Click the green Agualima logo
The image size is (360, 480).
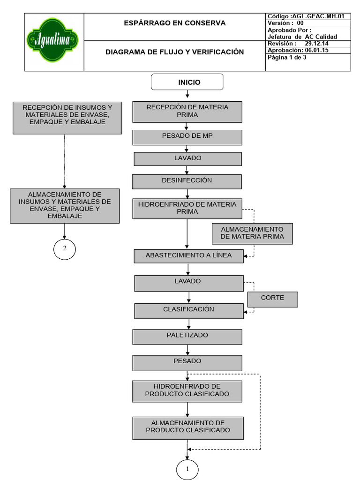(x=52, y=40)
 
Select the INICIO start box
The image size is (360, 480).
(x=187, y=82)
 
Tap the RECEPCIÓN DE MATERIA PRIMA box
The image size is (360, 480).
(x=187, y=112)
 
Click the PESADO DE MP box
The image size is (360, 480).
(x=187, y=137)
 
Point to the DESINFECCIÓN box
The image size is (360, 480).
(x=187, y=181)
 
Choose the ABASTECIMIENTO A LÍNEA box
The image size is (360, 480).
(x=188, y=256)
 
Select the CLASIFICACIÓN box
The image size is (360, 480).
(x=188, y=310)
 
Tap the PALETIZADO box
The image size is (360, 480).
(x=187, y=336)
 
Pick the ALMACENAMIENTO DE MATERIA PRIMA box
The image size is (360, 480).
(x=252, y=233)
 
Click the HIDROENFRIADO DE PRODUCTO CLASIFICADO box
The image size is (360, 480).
(x=187, y=391)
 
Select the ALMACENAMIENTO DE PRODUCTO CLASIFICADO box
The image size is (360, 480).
(x=187, y=427)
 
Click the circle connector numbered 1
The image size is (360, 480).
(x=187, y=470)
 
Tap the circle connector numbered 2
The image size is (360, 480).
(x=64, y=249)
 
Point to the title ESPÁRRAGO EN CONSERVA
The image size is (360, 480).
(x=174, y=23)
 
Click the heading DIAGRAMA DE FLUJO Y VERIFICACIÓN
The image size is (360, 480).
(x=174, y=52)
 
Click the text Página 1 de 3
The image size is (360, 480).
(x=286, y=58)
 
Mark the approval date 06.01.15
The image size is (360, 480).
(x=316, y=50)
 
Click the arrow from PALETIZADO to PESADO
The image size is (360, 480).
(x=187, y=350)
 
